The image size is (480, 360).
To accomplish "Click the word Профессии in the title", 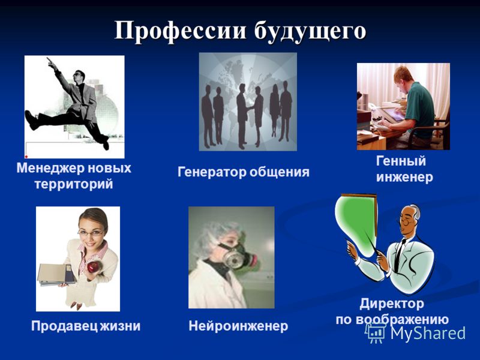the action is (x=181, y=31).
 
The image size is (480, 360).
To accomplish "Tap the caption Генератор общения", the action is (x=244, y=172).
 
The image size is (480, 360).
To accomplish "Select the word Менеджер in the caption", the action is (x=50, y=169).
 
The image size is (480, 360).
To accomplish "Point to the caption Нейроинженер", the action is (x=238, y=326).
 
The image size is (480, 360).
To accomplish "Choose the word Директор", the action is (x=392, y=304).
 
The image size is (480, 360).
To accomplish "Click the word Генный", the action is (x=401, y=161).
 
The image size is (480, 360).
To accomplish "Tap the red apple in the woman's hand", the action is (x=93, y=267).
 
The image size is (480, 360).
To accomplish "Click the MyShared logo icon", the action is (x=376, y=333).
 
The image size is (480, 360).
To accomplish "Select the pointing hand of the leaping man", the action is (x=50, y=62).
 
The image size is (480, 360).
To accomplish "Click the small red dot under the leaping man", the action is (x=26, y=157).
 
